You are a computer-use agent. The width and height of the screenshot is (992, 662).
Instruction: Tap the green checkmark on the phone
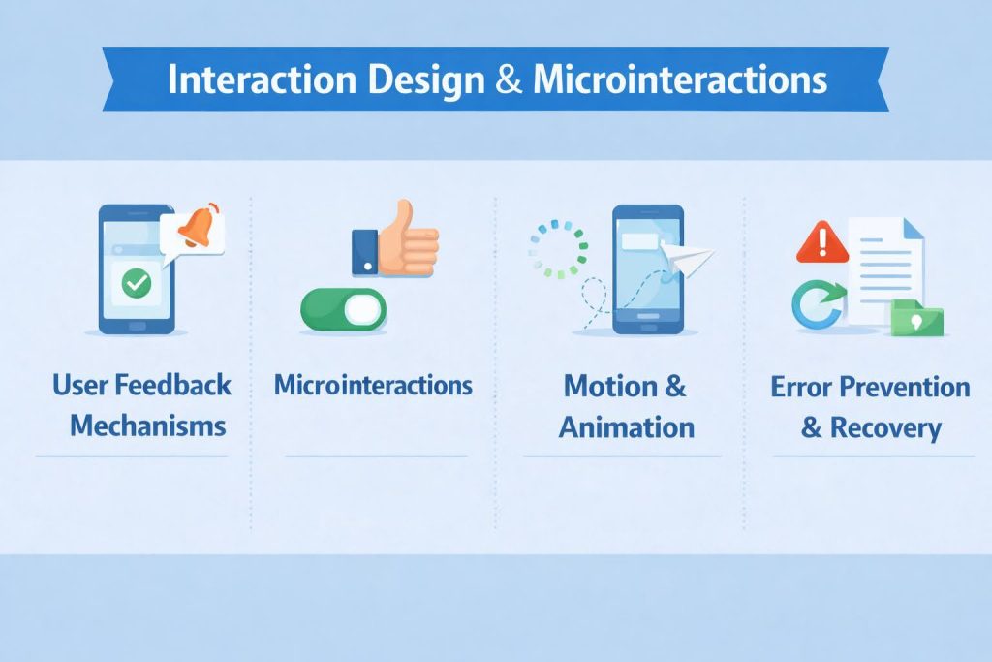tap(137, 282)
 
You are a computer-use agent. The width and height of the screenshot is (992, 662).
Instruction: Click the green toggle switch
tap(344, 309)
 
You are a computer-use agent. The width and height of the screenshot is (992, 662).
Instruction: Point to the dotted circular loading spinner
tap(558, 248)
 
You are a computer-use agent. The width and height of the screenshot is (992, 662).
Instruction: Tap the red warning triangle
tap(821, 241)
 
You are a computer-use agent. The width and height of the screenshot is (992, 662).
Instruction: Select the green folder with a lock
tap(916, 318)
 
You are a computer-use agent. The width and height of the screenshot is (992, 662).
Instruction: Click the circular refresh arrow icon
tap(817, 303)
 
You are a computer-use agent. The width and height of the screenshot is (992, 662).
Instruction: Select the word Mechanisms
tap(148, 425)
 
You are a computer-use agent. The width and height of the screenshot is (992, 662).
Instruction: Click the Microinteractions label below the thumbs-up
tap(373, 386)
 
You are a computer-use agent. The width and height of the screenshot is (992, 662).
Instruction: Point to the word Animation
tap(626, 426)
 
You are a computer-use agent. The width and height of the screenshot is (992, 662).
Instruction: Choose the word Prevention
tap(904, 387)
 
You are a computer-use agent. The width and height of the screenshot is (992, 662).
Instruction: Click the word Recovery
tap(884, 427)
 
